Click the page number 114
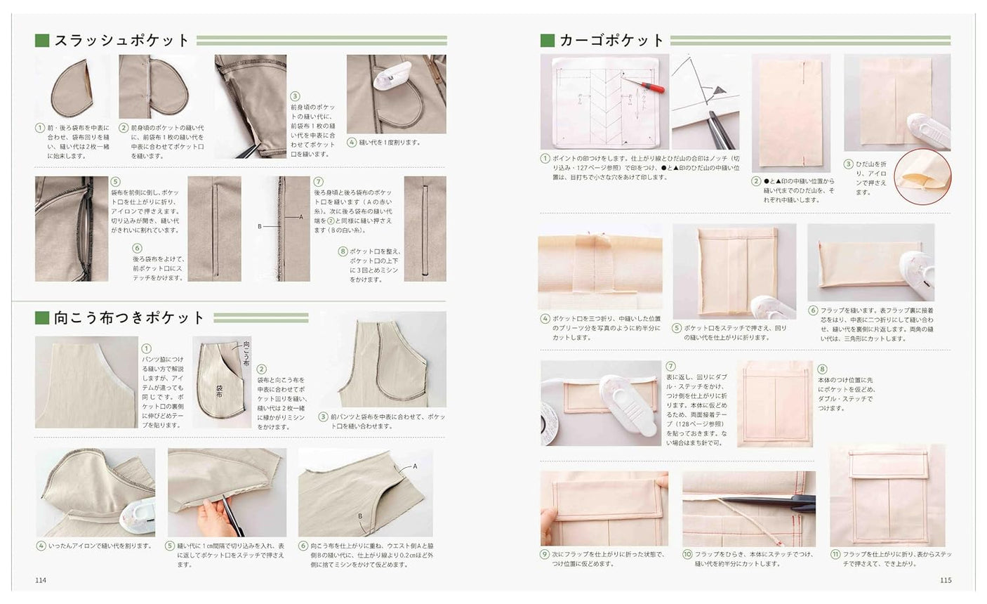point(41,580)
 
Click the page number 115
point(945,580)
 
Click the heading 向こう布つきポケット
point(130,318)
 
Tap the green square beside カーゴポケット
point(548,41)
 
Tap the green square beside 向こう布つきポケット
point(42,318)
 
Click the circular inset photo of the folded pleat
point(922,176)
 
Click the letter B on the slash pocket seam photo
point(260,227)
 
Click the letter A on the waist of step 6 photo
point(415,466)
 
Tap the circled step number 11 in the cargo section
point(835,553)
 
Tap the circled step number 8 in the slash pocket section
point(343,251)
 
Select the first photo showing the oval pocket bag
point(72,88)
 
